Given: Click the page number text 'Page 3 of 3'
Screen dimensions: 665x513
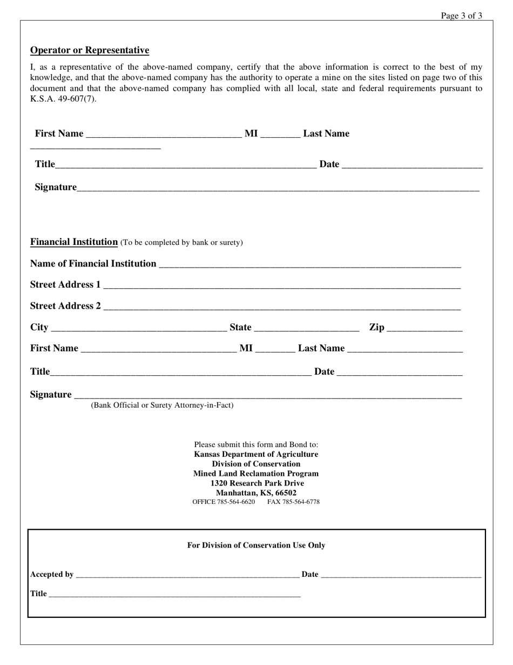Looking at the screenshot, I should click(x=461, y=16).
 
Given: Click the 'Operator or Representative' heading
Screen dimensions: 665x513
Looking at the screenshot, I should click(x=90, y=50).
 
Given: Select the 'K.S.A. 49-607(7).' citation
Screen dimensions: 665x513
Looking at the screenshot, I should click(x=63, y=98).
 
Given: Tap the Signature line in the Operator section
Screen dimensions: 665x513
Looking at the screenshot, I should click(x=278, y=188).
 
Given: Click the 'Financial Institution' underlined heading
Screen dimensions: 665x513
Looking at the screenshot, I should click(x=74, y=242).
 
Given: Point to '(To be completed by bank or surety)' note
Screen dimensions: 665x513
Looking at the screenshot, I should click(x=181, y=242).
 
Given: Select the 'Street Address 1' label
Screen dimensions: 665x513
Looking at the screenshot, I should click(x=65, y=284).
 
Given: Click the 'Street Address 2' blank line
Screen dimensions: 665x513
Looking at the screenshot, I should click(x=281, y=307).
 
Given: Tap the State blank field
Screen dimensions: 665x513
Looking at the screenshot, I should click(x=306, y=328).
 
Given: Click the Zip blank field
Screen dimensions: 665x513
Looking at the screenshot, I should click(x=424, y=328).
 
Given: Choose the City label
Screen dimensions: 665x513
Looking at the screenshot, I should click(x=39, y=327).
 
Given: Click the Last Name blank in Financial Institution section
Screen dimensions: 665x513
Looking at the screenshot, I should click(x=404, y=349).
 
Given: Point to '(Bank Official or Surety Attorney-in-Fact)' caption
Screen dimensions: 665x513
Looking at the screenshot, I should click(x=162, y=405).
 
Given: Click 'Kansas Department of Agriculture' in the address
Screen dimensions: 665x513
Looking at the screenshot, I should click(x=256, y=454).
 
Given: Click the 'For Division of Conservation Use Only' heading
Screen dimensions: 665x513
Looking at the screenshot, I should click(x=256, y=545).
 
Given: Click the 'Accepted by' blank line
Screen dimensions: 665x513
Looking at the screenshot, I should click(x=187, y=575).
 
